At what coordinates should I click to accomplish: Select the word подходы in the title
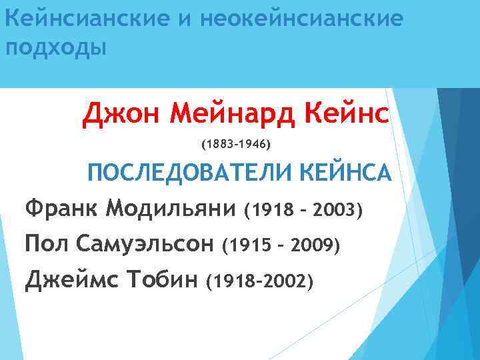[55, 49]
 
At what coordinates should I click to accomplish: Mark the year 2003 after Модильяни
[336, 211]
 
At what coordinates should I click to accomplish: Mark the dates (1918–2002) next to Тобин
[259, 281]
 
